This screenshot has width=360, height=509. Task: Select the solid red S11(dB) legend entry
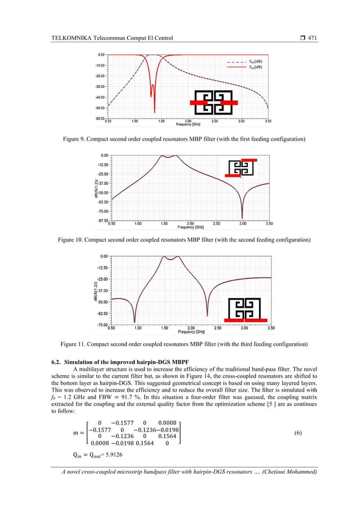point(255,67)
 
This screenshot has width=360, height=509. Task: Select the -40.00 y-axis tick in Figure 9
point(98,97)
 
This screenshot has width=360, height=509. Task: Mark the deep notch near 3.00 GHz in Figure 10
point(242,218)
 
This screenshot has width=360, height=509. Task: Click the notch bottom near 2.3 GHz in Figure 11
point(207,313)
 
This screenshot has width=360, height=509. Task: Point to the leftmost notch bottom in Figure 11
point(134,322)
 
